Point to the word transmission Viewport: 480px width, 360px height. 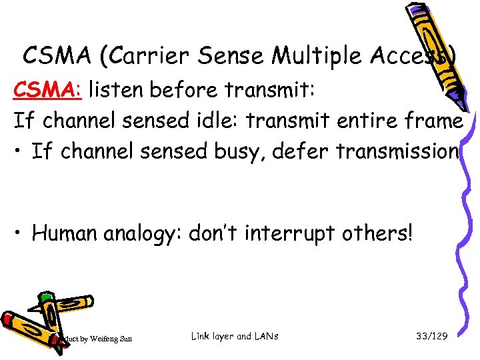[398, 152]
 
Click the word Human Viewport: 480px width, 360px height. [65, 233]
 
